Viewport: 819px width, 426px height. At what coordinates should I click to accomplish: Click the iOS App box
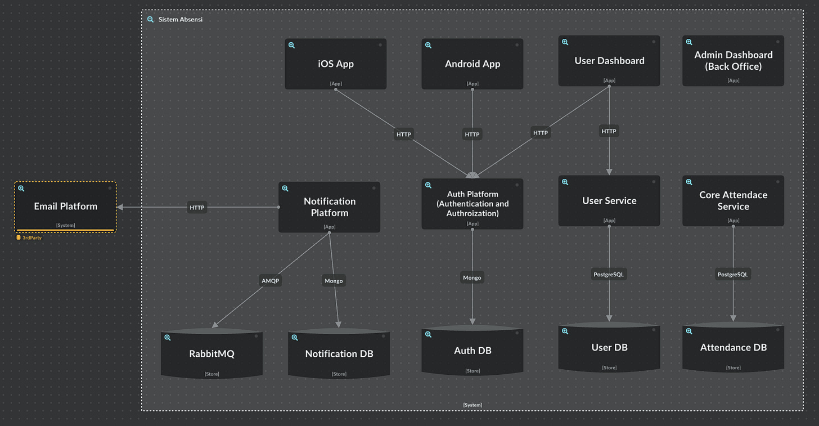point(335,64)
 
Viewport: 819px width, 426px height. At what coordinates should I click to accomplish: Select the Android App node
point(472,64)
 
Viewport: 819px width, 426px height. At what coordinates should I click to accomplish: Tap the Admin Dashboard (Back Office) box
point(733,61)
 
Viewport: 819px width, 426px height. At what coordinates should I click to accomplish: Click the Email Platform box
point(65,207)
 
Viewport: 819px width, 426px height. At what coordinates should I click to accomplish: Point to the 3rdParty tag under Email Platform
point(29,238)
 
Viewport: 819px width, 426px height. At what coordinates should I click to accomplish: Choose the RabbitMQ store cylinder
point(211,353)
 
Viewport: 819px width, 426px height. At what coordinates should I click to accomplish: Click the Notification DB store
point(339,353)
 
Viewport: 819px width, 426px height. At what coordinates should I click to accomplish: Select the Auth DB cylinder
point(472,351)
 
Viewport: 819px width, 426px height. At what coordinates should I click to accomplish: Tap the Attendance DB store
point(733,347)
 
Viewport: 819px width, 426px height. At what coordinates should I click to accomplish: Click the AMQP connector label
point(271,280)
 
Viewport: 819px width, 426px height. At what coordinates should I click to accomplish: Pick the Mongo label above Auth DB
point(472,277)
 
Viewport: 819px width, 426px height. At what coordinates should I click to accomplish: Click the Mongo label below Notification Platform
point(334,280)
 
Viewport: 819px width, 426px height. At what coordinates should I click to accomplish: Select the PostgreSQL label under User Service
point(609,275)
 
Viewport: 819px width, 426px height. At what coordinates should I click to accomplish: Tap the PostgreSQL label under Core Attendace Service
point(733,275)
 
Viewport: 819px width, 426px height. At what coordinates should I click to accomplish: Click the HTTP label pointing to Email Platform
point(197,208)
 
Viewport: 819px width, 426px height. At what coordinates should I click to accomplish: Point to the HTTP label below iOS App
point(404,134)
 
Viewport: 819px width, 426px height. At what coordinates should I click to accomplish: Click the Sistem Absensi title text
point(181,19)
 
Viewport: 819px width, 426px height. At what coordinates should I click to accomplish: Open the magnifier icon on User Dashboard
point(565,42)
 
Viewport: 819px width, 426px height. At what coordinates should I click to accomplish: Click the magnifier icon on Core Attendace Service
point(689,182)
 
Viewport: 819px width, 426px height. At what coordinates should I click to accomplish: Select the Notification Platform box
point(330,207)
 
